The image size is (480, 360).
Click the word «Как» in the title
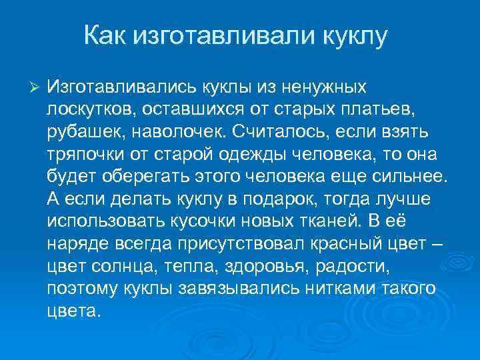[x=106, y=35]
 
